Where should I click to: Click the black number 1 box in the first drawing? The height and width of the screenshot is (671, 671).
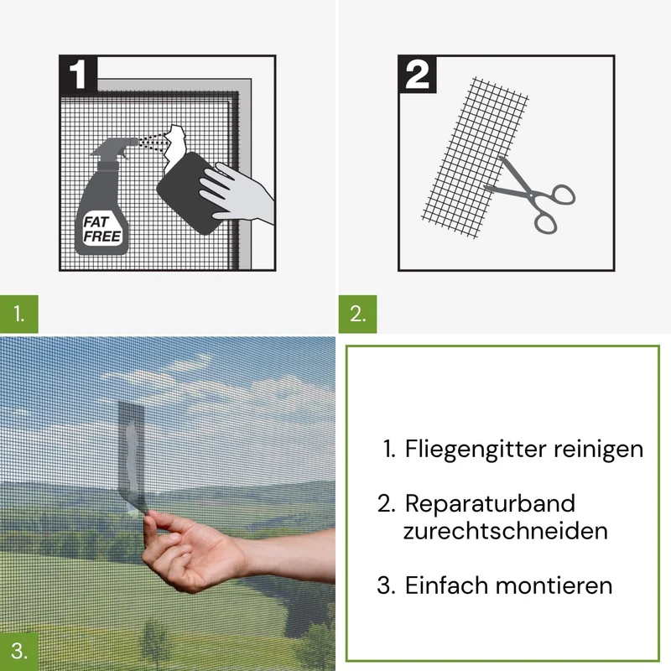click(78, 73)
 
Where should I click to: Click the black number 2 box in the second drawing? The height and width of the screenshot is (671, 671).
click(417, 74)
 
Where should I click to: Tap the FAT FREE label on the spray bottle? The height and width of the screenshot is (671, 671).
click(101, 229)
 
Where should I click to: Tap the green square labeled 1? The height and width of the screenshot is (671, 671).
click(18, 314)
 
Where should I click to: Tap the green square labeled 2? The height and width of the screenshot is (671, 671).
click(357, 314)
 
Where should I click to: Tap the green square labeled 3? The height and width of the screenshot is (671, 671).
click(18, 652)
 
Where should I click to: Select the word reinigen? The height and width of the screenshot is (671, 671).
click(598, 450)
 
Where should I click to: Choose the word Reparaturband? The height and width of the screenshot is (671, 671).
click(490, 503)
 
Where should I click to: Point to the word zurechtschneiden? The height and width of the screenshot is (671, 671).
click(506, 531)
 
